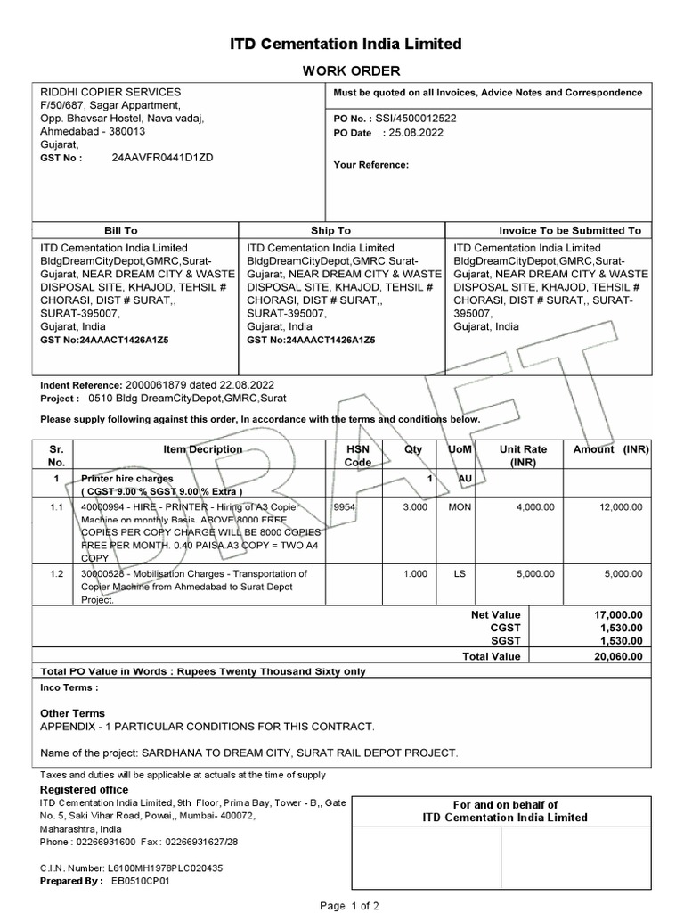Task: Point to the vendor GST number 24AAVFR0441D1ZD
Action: (163, 157)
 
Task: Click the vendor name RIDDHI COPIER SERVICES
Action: (111, 92)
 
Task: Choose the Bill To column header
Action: (121, 230)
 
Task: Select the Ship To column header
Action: (330, 230)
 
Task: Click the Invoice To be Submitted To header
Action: (570, 230)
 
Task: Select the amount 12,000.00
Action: (622, 506)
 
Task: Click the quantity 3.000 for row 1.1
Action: (414, 506)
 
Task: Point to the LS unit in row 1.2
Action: (460, 574)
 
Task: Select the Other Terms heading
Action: (73, 713)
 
